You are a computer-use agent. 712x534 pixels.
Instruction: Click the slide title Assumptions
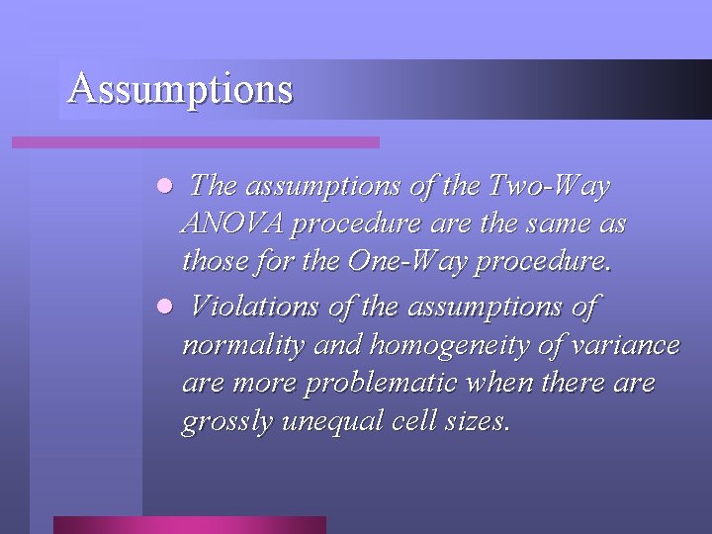180,89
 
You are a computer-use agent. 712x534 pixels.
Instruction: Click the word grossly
227,422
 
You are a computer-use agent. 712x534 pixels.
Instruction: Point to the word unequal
325,421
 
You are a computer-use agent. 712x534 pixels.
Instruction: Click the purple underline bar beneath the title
195,142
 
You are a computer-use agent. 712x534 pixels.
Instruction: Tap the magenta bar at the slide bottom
189,524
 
